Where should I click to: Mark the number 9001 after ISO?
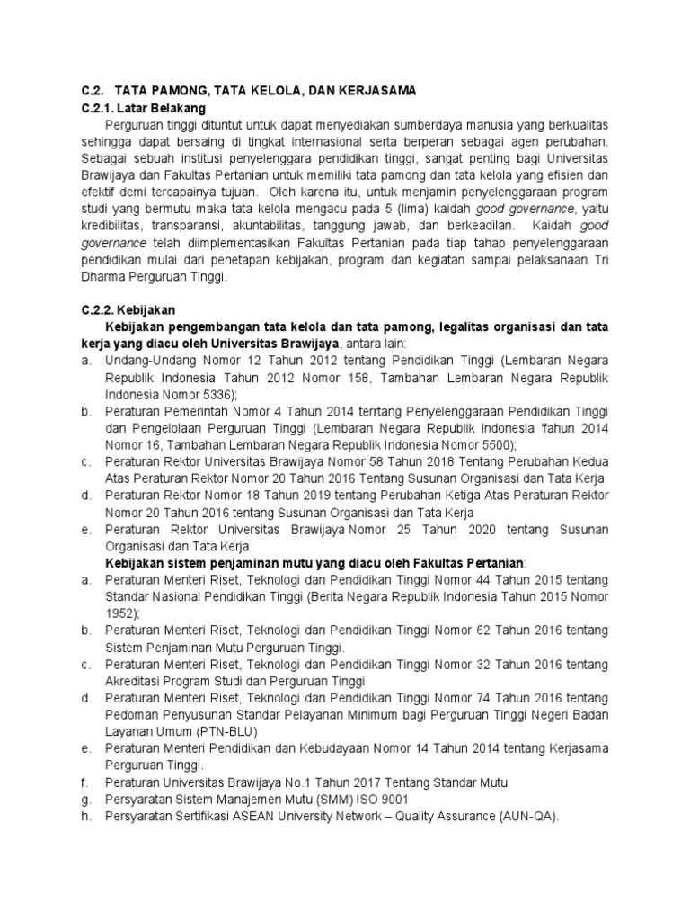394,799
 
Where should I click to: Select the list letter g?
84,799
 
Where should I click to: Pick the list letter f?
83,782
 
